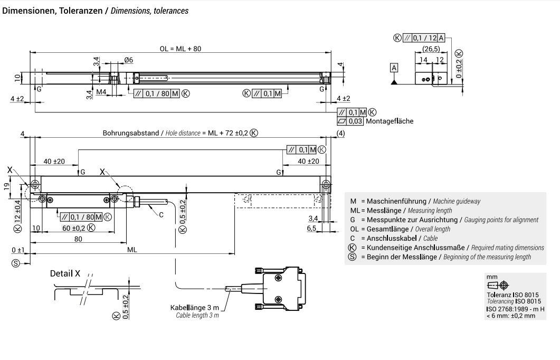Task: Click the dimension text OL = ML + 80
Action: click(x=181, y=48)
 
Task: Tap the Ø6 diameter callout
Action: click(x=128, y=60)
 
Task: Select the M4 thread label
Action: click(x=101, y=93)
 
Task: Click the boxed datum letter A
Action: click(x=394, y=67)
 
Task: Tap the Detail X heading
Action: click(x=65, y=273)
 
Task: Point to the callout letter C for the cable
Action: click(x=161, y=215)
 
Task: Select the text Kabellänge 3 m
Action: click(x=194, y=308)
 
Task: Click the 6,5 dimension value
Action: click(x=311, y=229)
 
